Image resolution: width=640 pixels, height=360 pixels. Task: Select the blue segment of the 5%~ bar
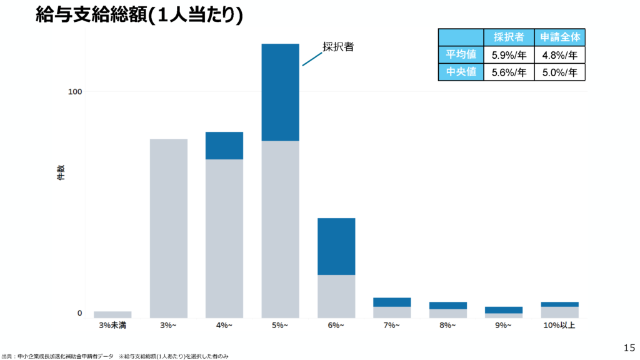click(280, 92)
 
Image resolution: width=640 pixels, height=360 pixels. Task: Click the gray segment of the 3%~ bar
click(169, 228)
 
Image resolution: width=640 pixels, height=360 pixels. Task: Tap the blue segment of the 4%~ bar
click(224, 146)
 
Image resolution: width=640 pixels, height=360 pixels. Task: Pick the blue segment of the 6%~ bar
click(336, 246)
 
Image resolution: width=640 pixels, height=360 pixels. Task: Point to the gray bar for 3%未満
click(112, 314)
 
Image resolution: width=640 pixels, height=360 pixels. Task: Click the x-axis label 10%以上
click(559, 326)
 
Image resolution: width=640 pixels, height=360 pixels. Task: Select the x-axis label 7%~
click(392, 326)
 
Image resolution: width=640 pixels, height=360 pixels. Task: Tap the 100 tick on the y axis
click(75, 92)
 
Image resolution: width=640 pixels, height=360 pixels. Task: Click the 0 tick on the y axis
click(79, 313)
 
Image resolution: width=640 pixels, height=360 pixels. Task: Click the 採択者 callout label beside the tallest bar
click(338, 46)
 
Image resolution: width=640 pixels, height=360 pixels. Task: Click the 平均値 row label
click(461, 54)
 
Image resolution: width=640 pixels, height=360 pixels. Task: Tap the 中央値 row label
click(461, 72)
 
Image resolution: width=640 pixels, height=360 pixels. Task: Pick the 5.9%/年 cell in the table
click(509, 54)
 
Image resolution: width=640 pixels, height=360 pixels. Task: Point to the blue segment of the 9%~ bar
click(504, 310)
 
